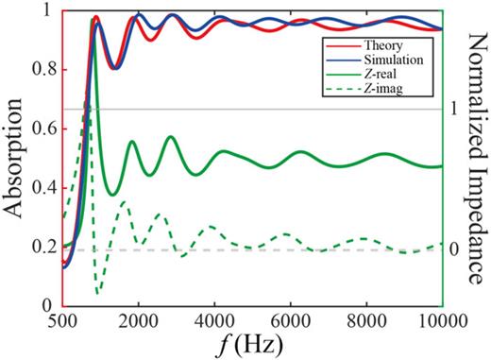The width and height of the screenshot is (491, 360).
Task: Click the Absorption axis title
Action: (x=15, y=156)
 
